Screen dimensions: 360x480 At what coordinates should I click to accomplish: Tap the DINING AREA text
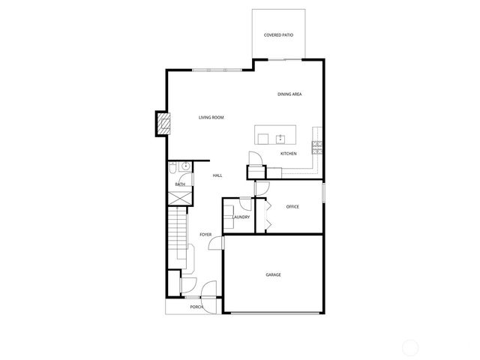pyautogui.click(x=289, y=94)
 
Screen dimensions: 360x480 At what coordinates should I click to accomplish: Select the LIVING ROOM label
pyautogui.click(x=211, y=118)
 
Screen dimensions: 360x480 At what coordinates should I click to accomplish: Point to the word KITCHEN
pyautogui.click(x=289, y=154)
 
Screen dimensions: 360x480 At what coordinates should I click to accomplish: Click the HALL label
pyautogui.click(x=217, y=175)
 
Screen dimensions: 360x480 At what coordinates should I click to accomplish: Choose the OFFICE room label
pyautogui.click(x=292, y=206)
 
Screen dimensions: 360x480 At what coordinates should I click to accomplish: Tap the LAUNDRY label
pyautogui.click(x=241, y=217)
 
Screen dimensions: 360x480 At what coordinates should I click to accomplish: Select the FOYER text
pyautogui.click(x=205, y=235)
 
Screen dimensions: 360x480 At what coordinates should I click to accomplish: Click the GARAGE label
pyautogui.click(x=273, y=274)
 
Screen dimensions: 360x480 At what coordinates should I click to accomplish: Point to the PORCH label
pyautogui.click(x=196, y=307)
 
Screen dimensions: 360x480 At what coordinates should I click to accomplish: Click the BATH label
pyautogui.click(x=180, y=184)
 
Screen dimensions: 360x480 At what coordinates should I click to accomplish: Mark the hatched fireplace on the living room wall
pyautogui.click(x=161, y=124)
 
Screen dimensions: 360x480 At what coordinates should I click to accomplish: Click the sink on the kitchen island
pyautogui.click(x=280, y=138)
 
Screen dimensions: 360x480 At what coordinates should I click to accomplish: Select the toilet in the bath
pyautogui.click(x=174, y=166)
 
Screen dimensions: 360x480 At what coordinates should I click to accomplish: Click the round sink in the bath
pyautogui.click(x=185, y=166)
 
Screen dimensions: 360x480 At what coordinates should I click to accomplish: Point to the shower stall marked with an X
pyautogui.click(x=180, y=198)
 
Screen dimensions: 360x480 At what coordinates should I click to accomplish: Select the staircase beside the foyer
pyautogui.click(x=177, y=232)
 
